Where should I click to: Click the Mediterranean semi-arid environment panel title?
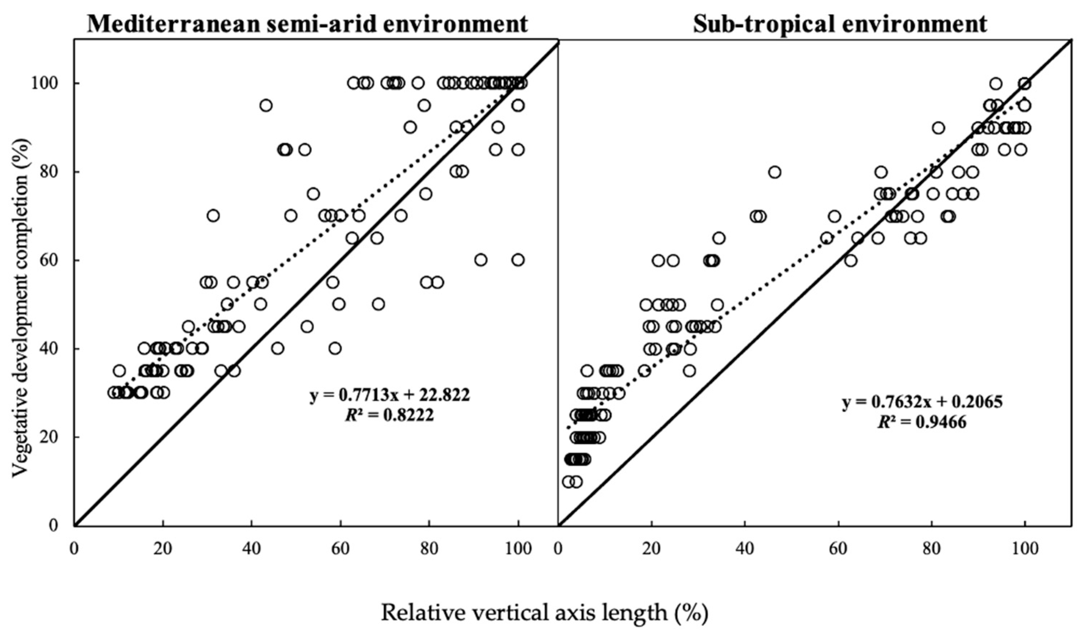307,23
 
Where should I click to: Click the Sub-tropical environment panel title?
840,23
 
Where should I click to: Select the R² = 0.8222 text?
390,415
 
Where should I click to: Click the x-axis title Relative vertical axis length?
544,613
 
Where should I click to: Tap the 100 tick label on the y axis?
45,83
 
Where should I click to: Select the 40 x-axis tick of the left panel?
252,549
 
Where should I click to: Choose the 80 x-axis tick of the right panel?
932,549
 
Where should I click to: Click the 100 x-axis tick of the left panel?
518,549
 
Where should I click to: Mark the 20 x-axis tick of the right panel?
652,549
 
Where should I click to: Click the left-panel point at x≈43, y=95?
266,105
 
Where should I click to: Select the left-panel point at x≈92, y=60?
481,260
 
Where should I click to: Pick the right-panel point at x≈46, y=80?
774,172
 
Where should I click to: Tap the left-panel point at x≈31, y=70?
213,216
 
